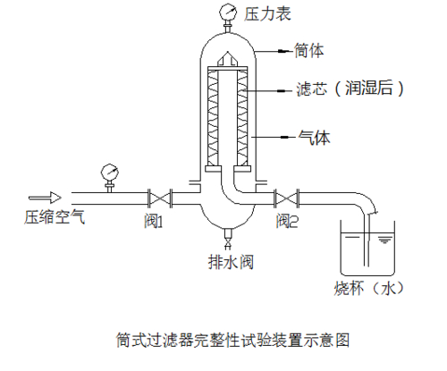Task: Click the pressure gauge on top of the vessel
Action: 224,13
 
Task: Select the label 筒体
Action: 308,51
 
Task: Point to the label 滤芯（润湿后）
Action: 352,89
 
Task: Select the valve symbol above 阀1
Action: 160,197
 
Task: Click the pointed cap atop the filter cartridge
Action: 226,61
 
